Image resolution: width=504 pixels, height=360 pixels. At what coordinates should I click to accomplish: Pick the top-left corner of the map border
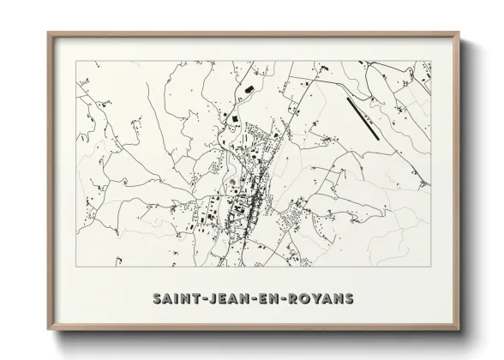pos(76,61)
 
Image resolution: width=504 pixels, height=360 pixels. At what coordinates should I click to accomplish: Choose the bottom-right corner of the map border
pos(431,267)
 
